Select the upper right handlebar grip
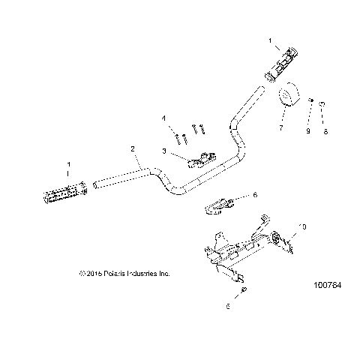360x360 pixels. (x=283, y=62)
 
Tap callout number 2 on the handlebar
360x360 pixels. (x=133, y=149)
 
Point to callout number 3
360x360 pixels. (x=163, y=151)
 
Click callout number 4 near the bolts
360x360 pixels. (x=163, y=118)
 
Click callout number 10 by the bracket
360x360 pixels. (x=303, y=226)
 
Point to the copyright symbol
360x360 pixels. (x=81, y=274)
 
